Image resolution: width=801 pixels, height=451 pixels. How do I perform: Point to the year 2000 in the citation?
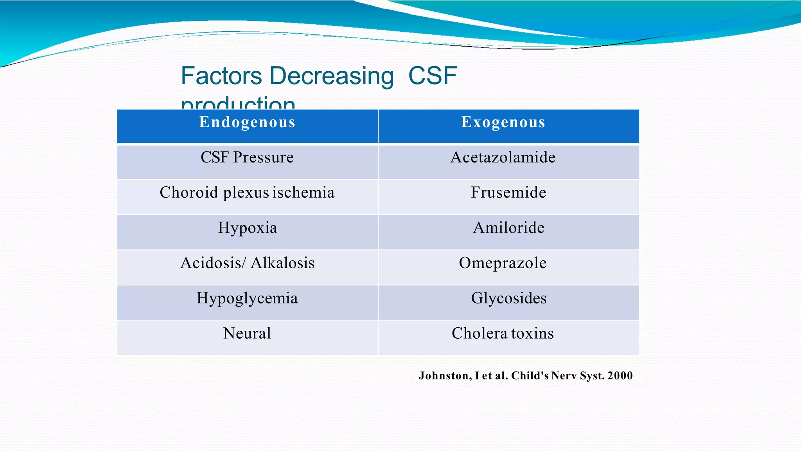point(620,376)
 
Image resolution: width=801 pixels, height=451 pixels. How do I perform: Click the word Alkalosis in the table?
point(282,263)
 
